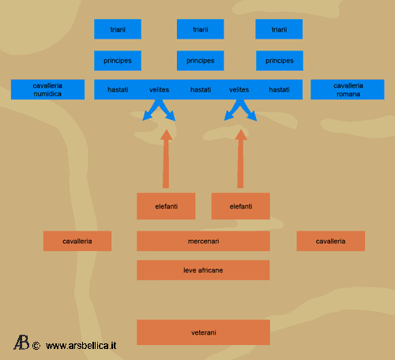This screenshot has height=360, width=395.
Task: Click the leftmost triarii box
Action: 118,29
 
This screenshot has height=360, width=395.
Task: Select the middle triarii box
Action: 201,29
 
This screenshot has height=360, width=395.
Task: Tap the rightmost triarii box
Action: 279,29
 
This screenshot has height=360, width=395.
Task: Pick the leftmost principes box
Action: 118,61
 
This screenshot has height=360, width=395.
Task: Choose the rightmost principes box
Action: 280,61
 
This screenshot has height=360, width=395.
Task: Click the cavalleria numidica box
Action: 47,89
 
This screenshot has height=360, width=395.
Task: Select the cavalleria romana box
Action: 348,89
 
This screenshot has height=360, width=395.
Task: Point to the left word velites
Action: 159,90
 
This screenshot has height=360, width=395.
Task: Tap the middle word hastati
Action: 201,90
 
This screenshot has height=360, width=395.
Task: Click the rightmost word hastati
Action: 279,90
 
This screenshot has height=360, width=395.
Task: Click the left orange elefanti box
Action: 166,206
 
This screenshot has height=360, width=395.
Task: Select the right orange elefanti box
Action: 241,206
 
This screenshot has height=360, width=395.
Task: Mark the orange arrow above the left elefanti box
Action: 166,159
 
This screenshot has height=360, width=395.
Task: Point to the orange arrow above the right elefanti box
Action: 240,159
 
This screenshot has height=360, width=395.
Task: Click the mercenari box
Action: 203,241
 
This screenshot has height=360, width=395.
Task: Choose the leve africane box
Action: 203,270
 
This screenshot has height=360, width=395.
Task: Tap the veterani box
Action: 203,332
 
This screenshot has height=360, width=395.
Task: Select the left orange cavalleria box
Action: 77,241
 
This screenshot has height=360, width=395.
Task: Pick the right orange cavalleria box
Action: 331,241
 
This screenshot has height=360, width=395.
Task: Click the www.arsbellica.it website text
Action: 81,346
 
